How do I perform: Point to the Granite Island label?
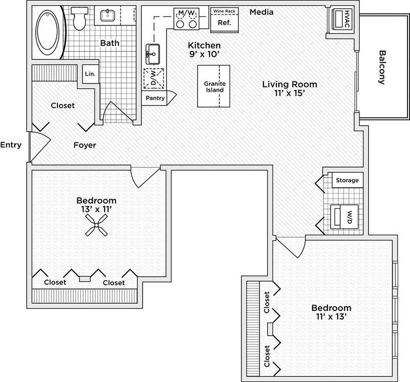214,87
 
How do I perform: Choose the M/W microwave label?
187,11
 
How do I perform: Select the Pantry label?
155,98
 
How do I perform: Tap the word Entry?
11,145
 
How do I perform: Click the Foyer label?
85,145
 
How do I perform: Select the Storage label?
347,180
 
